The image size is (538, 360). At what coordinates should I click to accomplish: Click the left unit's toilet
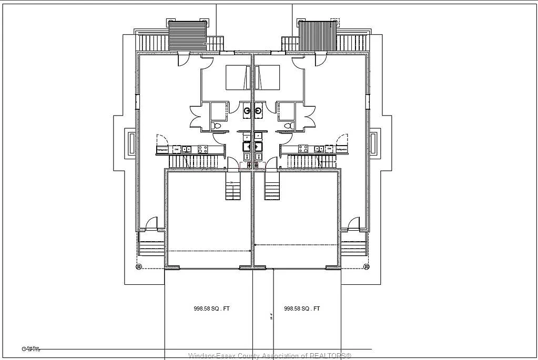(x=217, y=126)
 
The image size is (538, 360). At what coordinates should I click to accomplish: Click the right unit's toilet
(x=289, y=126)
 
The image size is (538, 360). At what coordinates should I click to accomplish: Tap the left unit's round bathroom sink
(x=247, y=111)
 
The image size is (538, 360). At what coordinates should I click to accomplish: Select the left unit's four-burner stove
(x=202, y=149)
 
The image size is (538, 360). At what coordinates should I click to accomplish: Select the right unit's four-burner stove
(x=303, y=149)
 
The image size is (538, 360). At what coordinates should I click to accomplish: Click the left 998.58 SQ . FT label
(x=211, y=309)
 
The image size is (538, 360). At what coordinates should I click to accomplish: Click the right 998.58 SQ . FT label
(x=302, y=309)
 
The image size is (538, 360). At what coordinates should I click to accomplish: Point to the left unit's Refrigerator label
(x=163, y=150)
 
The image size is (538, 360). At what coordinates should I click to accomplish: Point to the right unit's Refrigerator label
(x=342, y=150)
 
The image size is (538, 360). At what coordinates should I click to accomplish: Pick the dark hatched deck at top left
(x=187, y=36)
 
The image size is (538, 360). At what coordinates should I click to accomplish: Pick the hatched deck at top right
(x=317, y=36)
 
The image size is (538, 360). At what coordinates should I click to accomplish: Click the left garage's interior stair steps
(x=233, y=190)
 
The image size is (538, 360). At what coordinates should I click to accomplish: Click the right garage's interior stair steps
(x=272, y=190)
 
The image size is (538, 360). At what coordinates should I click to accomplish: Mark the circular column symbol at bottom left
(x=138, y=267)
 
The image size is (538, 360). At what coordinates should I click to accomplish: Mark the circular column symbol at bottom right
(x=367, y=267)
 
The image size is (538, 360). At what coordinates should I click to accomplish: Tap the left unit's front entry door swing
(x=151, y=224)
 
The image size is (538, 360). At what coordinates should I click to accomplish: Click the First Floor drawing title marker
(x=24, y=348)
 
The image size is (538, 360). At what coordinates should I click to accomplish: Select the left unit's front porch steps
(x=151, y=244)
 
